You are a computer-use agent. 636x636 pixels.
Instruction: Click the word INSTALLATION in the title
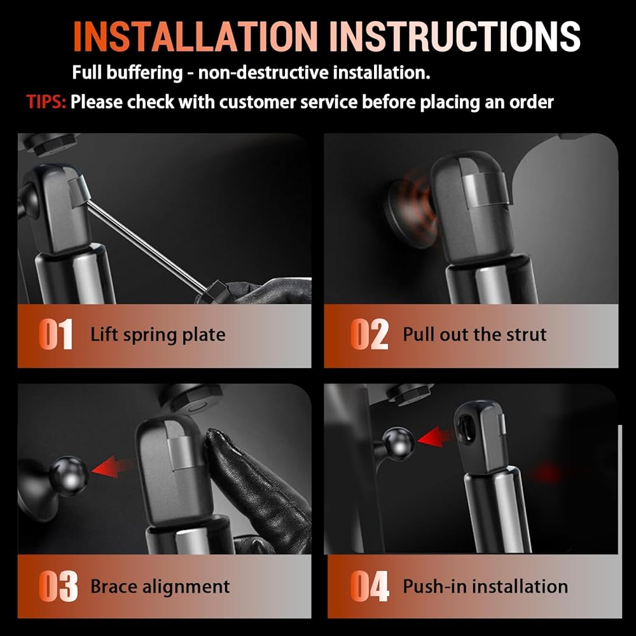coord(195,36)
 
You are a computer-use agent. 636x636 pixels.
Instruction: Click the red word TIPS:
coord(46,102)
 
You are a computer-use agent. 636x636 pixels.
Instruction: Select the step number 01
coord(55,335)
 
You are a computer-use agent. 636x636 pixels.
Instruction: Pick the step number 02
coord(369,335)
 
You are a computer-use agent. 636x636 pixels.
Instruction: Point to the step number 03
coord(58,586)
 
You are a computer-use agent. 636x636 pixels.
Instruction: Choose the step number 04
coord(370,586)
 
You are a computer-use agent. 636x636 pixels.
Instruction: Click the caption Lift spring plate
coord(158,335)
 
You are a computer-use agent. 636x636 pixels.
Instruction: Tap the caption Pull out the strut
coord(474,335)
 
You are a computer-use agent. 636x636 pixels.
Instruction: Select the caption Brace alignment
coord(160,587)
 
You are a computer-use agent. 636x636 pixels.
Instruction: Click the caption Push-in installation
coord(485,586)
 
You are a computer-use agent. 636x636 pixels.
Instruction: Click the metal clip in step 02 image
coord(483,190)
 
